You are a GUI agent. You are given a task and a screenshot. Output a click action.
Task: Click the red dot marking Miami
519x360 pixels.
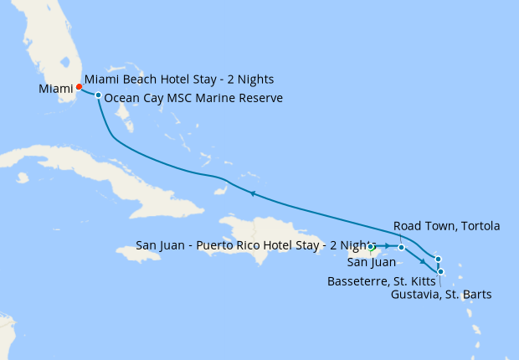click(79, 86)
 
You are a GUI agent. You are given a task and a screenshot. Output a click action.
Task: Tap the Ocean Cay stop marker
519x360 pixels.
click(98, 95)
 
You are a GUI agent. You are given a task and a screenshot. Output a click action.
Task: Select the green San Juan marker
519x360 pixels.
click(371, 247)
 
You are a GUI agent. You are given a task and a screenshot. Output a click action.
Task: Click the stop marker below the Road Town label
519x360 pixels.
click(402, 247)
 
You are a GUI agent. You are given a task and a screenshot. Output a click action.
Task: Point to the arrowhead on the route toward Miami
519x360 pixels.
click(251, 193)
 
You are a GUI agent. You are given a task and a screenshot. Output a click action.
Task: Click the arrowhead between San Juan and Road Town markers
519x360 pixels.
click(388, 247)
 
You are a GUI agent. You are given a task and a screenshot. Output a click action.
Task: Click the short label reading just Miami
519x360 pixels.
click(54, 89)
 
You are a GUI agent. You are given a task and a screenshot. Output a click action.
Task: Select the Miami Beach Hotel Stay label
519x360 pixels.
click(179, 80)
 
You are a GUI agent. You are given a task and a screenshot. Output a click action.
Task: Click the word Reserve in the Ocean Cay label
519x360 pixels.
click(260, 99)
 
